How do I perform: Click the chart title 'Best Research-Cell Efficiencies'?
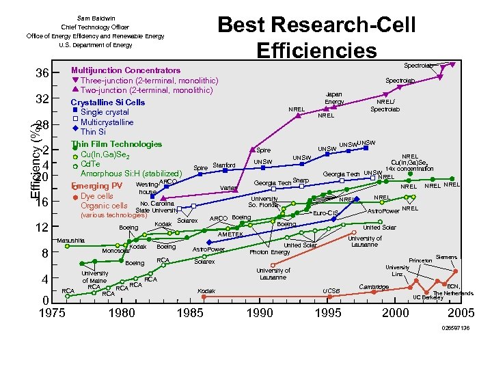click(x=316, y=38)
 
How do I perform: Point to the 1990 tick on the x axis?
click(x=259, y=313)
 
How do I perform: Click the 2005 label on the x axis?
click(x=461, y=313)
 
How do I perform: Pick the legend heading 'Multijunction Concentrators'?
click(x=126, y=70)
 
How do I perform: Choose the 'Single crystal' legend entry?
click(x=105, y=112)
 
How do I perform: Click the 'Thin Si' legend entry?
click(x=93, y=132)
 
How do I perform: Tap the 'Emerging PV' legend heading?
click(x=97, y=186)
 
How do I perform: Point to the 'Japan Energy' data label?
click(x=334, y=98)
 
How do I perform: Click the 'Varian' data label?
click(x=228, y=188)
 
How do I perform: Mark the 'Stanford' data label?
click(x=224, y=165)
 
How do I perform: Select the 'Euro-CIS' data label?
click(x=326, y=214)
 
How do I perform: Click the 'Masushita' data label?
click(x=71, y=241)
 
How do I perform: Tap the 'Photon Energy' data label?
click(x=270, y=252)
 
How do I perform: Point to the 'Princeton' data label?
click(x=421, y=260)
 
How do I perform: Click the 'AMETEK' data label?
click(x=230, y=234)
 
